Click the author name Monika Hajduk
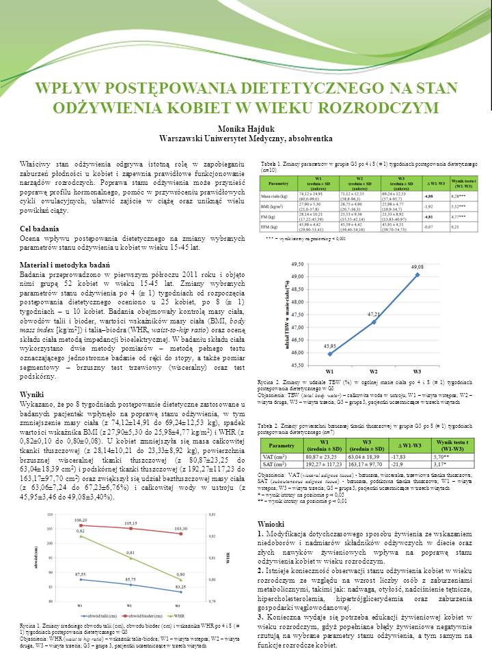point(245,128)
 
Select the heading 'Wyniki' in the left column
point(33,394)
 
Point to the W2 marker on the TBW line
point(374,322)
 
